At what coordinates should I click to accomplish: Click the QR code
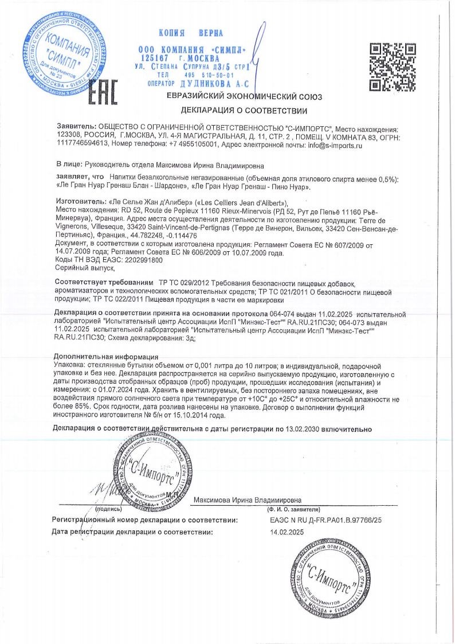pos(392,67)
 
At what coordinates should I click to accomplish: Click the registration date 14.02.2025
pos(285,533)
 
